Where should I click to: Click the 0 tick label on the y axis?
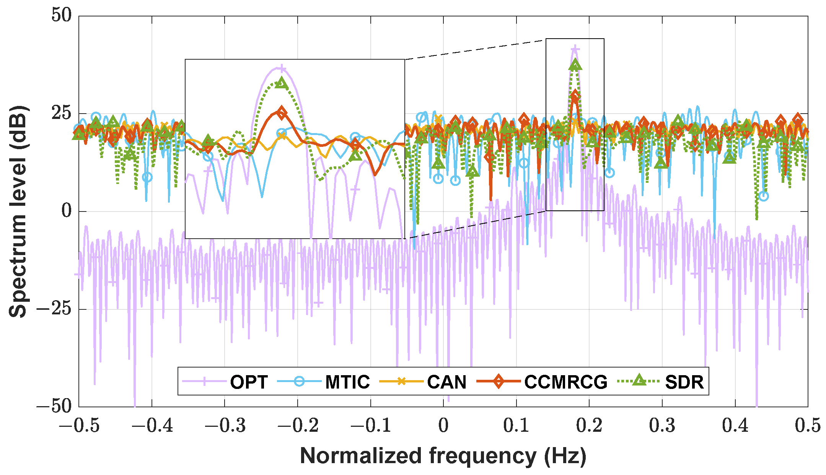(x=67, y=211)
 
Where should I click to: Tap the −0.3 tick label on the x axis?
(x=225, y=426)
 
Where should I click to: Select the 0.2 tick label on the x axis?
(x=589, y=426)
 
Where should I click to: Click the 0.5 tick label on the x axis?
(x=808, y=426)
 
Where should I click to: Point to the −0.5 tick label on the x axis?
(x=79, y=426)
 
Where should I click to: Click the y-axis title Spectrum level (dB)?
(x=18, y=211)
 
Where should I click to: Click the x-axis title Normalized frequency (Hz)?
(x=443, y=456)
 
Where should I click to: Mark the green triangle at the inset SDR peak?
(x=282, y=82)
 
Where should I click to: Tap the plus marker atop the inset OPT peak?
(x=282, y=69)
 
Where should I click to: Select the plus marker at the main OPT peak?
(x=575, y=49)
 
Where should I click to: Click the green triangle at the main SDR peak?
(x=575, y=65)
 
